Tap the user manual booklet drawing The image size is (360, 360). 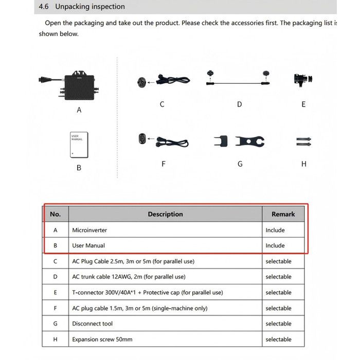(x=79, y=145)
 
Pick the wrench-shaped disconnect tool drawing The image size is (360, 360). (x=250, y=142)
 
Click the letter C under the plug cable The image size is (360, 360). (x=162, y=104)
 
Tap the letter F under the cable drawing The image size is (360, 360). (x=163, y=164)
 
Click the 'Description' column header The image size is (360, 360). (x=165, y=214)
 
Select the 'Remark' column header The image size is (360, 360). (x=283, y=214)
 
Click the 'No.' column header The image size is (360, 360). (x=55, y=214)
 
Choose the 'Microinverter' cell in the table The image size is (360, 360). (x=89, y=230)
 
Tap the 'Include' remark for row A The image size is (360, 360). (x=275, y=230)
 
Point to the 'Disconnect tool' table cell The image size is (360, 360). (x=93, y=323)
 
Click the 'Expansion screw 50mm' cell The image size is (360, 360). (x=102, y=339)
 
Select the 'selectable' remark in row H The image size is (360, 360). (x=278, y=339)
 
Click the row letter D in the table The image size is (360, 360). (x=55, y=277)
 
